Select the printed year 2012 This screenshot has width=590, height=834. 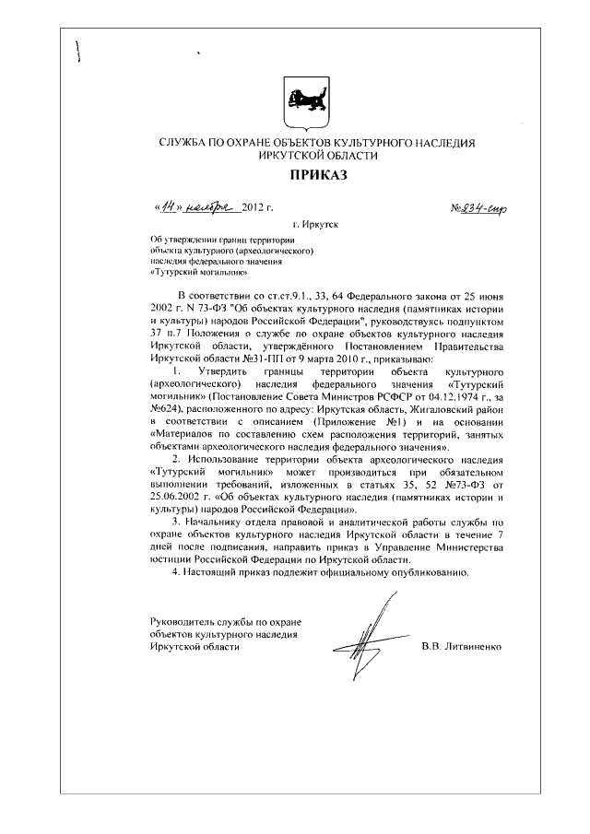click(x=255, y=210)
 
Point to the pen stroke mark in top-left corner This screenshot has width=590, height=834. click(x=80, y=52)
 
